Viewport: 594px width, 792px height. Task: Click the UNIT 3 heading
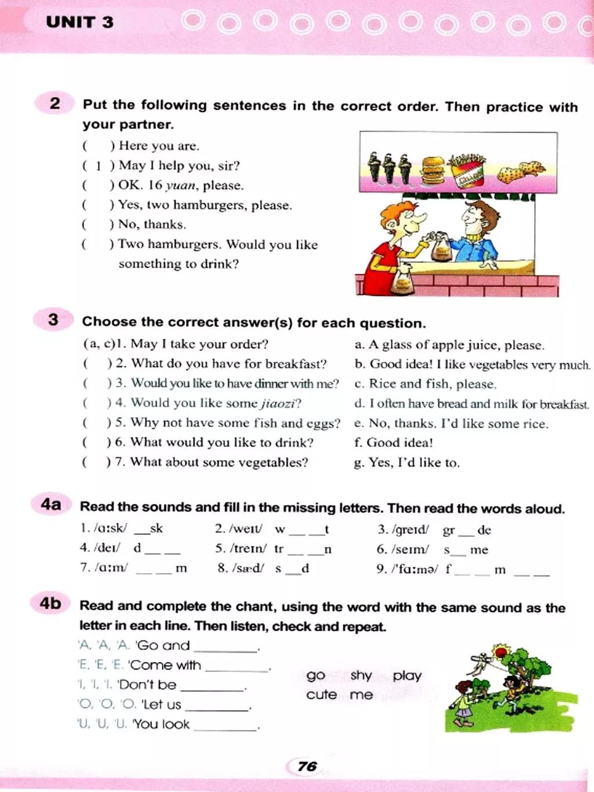pos(79,22)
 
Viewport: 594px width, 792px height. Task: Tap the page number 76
pos(307,766)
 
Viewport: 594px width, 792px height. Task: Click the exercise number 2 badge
pos(55,103)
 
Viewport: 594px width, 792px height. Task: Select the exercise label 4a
pos(51,504)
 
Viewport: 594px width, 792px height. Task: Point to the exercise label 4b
pos(50,603)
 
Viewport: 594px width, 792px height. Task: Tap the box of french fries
pos(469,171)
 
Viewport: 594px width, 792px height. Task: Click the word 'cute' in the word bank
pos(321,695)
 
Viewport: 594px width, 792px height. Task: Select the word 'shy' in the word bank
pos(361,675)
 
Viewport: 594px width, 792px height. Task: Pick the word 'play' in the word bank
pos(407,675)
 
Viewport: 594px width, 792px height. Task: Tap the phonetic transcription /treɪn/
pos(248,549)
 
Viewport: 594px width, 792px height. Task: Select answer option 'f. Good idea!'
pos(393,443)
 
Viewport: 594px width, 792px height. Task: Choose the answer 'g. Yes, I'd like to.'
pos(406,462)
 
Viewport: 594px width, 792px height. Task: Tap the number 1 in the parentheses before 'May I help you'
pos(98,166)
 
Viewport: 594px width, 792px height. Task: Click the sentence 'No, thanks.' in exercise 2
pos(152,225)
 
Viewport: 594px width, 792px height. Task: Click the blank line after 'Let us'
pos(217,708)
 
